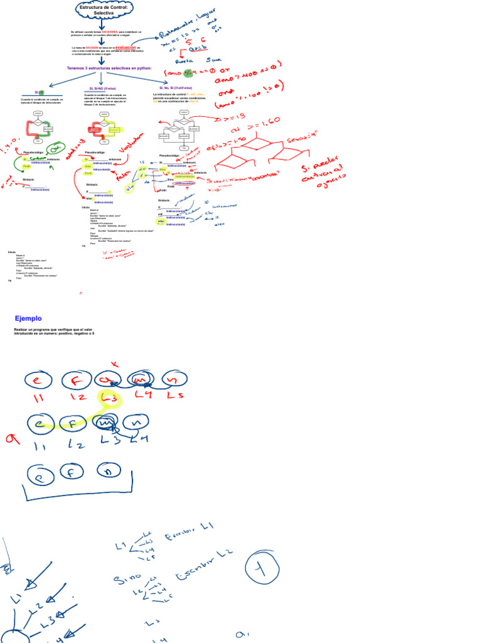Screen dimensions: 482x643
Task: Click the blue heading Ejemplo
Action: point(28,318)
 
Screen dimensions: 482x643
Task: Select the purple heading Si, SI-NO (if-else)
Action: point(104,89)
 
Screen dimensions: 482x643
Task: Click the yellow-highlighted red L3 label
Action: point(108,399)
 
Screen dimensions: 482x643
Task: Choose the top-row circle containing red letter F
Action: point(75,380)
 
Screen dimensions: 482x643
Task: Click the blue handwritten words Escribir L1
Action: point(189,532)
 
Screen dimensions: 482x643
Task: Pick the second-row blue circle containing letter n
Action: point(134,424)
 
